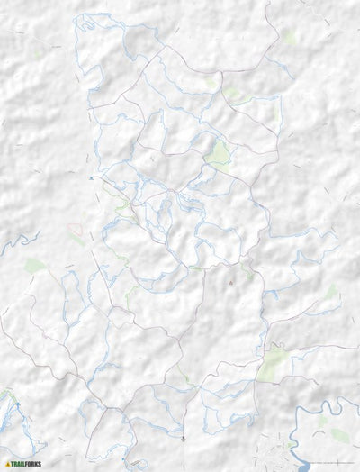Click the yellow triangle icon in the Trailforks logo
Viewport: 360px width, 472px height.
coord(7,465)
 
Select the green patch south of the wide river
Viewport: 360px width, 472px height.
coord(338,436)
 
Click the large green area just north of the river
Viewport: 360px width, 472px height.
coord(272,362)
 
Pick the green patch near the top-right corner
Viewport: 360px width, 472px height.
coord(289,38)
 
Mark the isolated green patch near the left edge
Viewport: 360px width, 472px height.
coord(36,266)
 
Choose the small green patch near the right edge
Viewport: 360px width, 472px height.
coord(333,290)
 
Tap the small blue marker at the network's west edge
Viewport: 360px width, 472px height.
coord(91,178)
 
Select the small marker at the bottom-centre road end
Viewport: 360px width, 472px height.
coord(183,438)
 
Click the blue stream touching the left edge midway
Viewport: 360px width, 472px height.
coord(18,241)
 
